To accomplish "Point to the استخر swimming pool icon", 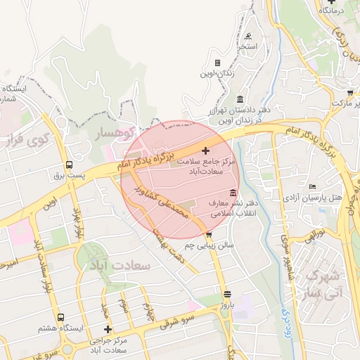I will (248, 37).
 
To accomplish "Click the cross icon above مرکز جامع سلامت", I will (205, 150).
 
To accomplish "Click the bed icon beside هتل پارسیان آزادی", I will (313, 186).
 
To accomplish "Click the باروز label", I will (226, 306).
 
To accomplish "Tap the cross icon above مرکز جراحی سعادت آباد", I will (108, 329).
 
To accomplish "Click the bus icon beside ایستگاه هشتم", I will (61, 318).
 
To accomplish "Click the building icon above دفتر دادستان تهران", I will (240, 98).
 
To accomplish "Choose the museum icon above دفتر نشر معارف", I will (233, 193).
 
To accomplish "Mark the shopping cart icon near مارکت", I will (349, 92).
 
